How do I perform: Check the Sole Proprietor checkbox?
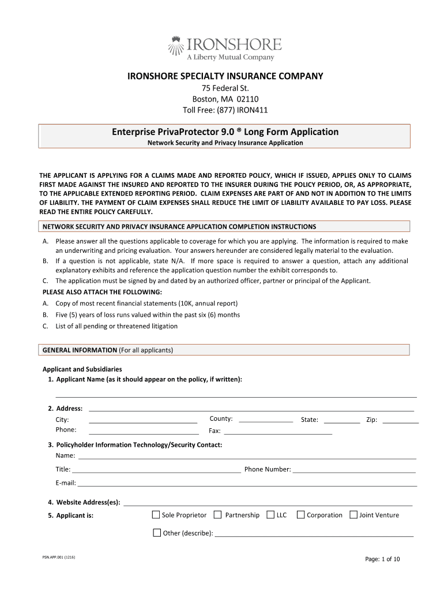(156, 515)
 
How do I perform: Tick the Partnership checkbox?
(217, 515)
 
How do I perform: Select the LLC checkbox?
(270, 515)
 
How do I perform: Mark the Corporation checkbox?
(300, 515)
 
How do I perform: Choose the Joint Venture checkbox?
(353, 515)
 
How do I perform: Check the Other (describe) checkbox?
(157, 533)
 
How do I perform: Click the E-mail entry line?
(246, 484)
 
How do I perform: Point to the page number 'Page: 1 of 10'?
(382, 559)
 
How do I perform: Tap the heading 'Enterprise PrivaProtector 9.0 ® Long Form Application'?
(225, 132)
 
